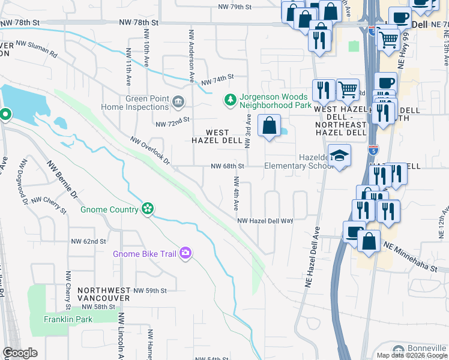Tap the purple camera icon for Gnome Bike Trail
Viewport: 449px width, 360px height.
coord(186,254)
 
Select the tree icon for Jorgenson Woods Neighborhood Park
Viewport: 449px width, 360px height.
coord(229,98)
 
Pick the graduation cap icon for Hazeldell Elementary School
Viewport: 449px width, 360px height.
coord(340,155)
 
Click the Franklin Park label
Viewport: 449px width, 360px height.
coord(68,319)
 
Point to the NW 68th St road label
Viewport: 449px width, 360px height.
coord(228,166)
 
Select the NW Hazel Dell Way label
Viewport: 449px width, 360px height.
coord(265,221)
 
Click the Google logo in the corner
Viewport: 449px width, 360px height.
coord(20,353)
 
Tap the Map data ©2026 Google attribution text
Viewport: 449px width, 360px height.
coord(412,355)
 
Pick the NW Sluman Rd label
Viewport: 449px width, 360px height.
coord(37,49)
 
